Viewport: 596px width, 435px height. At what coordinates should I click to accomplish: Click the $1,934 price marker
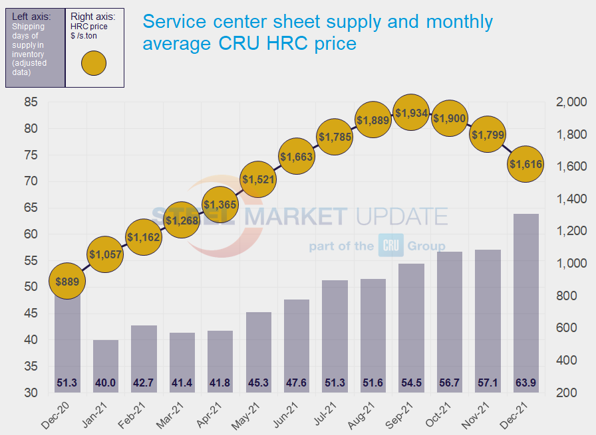411,114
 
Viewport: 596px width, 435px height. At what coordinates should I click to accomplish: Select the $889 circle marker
67,282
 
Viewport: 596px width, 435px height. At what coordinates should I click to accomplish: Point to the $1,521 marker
258,179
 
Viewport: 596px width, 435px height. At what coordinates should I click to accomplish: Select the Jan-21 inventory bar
106,365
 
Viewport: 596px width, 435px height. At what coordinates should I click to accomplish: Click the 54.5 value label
411,383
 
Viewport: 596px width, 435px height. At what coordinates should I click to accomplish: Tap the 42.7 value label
144,383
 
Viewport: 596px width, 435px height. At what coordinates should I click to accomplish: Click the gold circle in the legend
94,64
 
